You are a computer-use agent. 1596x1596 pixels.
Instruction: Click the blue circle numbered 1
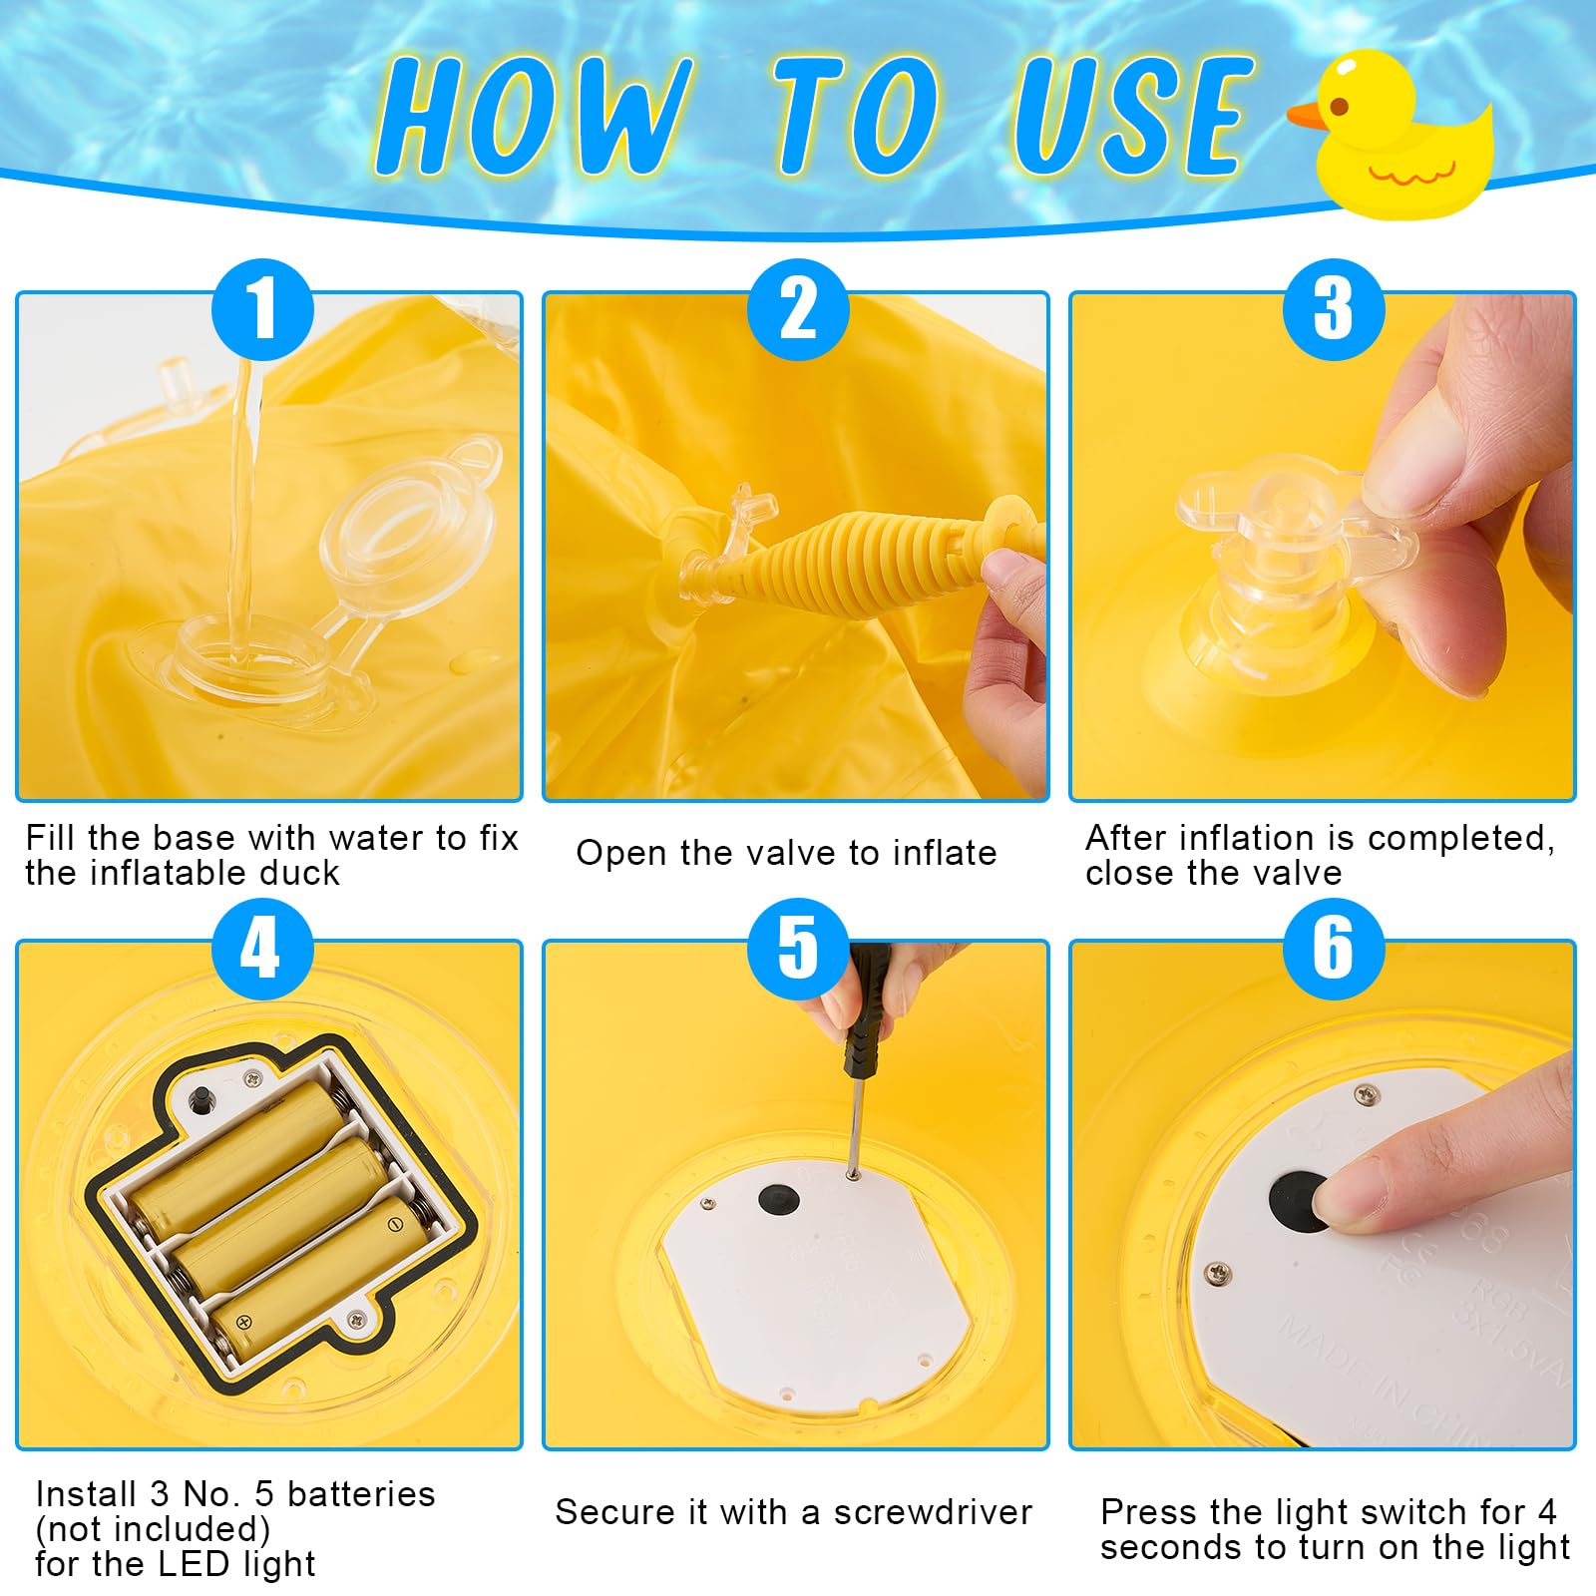coord(262,309)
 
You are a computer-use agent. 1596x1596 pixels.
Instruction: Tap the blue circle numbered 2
coord(798,309)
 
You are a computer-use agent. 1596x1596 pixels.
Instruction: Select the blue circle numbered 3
coord(1334,309)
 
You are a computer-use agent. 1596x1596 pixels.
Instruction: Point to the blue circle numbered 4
coord(262,949)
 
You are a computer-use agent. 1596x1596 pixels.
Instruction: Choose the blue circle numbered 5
coord(798,949)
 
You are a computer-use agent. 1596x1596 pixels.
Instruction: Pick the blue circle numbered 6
coord(1334,949)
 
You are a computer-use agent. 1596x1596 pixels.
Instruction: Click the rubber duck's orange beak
coord(1307,115)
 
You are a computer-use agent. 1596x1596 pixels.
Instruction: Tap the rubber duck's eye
coord(1340,106)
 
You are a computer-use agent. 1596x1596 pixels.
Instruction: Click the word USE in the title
coord(1132,115)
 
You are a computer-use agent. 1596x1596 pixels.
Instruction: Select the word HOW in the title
coord(534,115)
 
